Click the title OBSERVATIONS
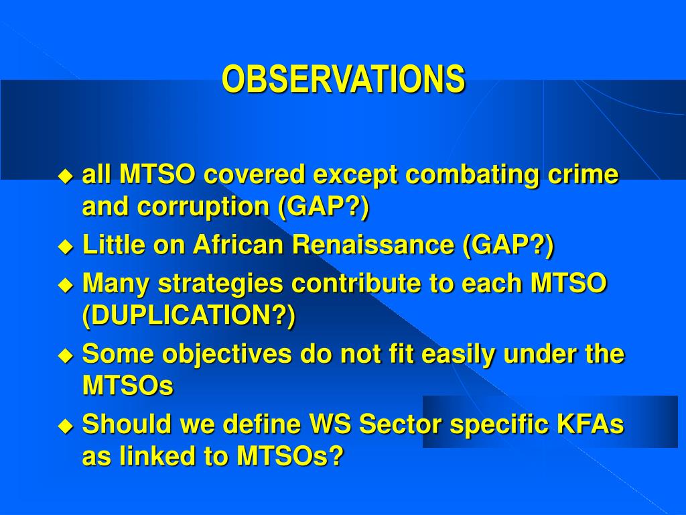[x=344, y=79]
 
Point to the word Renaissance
[x=373, y=244]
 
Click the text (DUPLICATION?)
[x=189, y=315]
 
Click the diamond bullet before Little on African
[x=66, y=246]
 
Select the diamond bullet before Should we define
[x=66, y=426]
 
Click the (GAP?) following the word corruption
[x=324, y=207]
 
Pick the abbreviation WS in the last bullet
[x=330, y=424]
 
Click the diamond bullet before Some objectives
[x=66, y=355]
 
